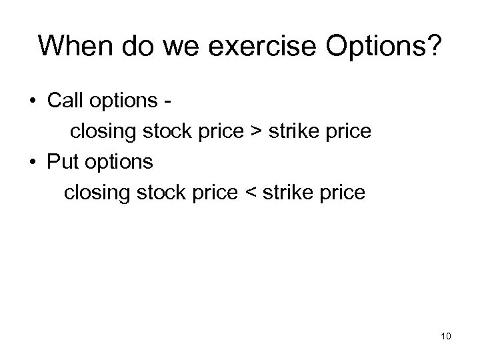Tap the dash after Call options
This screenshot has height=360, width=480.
173,102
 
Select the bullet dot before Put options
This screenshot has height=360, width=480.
32,162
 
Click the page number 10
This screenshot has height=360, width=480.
445,337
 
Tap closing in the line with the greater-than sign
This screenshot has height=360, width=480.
103,132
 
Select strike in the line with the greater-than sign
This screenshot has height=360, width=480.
296,131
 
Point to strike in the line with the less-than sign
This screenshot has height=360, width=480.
289,193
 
